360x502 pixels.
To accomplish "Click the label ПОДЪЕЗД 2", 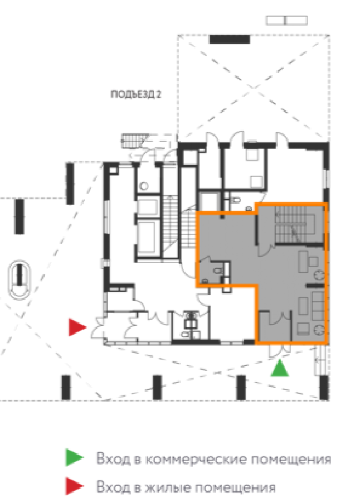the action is (135, 94).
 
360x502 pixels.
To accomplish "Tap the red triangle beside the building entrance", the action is (77, 327).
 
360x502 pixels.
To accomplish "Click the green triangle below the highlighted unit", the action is (280, 368).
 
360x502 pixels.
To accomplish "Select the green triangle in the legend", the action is (74, 457).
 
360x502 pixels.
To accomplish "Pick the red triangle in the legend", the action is (74, 486).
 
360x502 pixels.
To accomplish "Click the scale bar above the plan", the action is (287, 20).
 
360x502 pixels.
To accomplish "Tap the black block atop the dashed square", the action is (230, 40).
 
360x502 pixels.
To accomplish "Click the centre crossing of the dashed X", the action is (253, 87).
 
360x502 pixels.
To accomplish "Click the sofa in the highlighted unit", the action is (318, 306).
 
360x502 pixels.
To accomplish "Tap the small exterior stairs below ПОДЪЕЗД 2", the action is (134, 141).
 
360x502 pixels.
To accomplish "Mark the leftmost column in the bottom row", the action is (66, 388).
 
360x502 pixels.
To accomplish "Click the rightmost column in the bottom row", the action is (324, 388).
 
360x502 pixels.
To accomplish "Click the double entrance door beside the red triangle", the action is (98, 328).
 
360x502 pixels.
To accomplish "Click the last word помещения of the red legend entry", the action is (235, 488).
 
